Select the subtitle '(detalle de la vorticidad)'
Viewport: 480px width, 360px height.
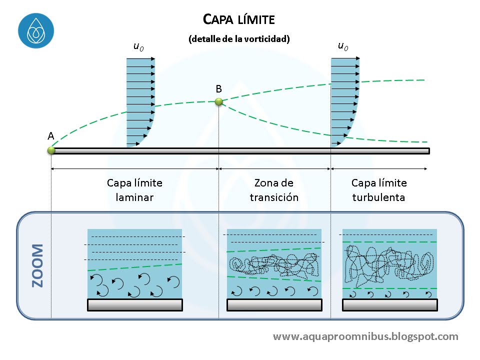click(239, 39)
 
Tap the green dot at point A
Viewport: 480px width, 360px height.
click(51, 149)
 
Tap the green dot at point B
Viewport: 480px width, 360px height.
click(218, 102)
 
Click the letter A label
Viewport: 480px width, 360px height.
click(50, 136)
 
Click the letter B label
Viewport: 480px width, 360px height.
click(218, 89)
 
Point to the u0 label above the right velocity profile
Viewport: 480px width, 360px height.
click(343, 46)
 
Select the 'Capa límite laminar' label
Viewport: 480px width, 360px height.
click(134, 189)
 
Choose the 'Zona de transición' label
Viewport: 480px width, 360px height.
click(273, 189)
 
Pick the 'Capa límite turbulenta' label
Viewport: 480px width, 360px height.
click(379, 189)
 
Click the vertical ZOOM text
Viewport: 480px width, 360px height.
click(37, 265)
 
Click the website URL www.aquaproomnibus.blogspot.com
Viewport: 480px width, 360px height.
click(365, 336)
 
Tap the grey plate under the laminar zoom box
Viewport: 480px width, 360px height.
click(135, 305)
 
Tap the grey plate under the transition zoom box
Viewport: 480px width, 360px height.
click(274, 305)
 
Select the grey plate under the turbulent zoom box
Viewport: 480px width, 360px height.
click(390, 305)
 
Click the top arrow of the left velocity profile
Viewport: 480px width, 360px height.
click(140, 59)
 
